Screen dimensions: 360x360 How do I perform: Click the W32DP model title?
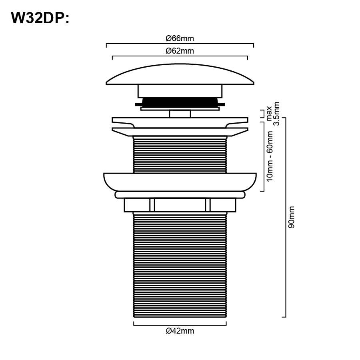(40, 18)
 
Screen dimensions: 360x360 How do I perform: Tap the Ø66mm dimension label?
(180, 38)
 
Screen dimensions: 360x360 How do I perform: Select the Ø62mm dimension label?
(180, 51)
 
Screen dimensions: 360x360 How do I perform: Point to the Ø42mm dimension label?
(180, 331)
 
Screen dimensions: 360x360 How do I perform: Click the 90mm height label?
(291, 217)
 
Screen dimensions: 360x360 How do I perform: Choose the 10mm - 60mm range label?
(270, 156)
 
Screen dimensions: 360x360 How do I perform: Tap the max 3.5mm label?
(273, 114)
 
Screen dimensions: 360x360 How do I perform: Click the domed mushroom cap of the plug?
(180, 74)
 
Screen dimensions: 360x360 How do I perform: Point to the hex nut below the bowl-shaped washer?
(180, 205)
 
